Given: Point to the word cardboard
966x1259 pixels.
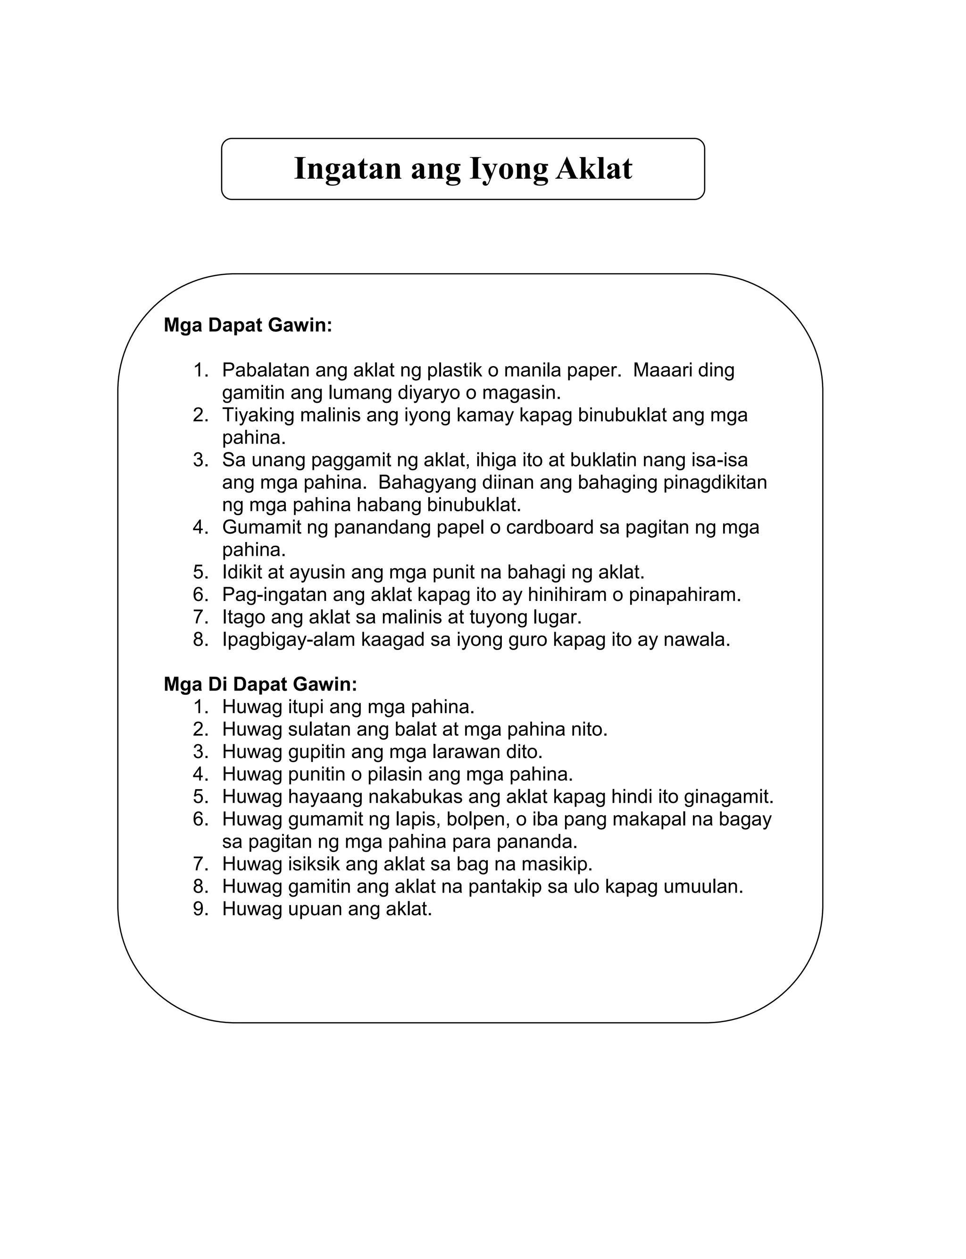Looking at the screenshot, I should pyautogui.click(x=549, y=527).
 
